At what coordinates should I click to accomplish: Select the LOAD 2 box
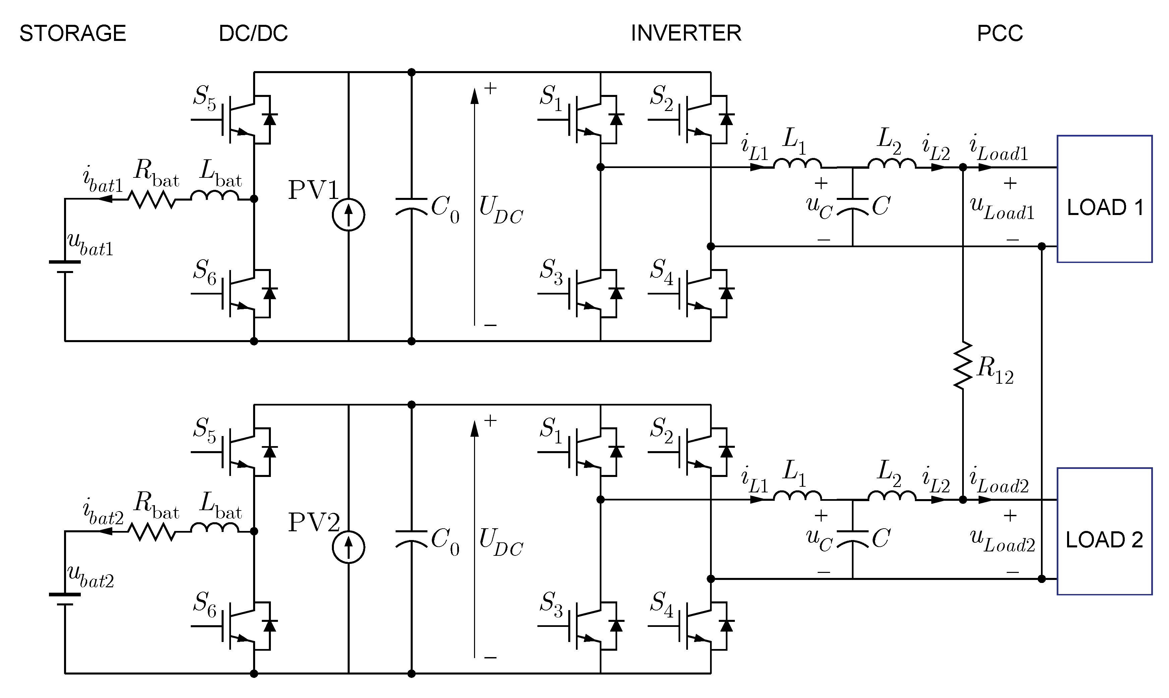1104,532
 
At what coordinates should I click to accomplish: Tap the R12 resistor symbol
962,366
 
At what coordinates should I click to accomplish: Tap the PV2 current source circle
348,547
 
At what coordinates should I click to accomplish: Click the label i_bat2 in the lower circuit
103,512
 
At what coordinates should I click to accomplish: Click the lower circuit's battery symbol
65,599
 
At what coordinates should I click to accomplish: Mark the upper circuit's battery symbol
65,267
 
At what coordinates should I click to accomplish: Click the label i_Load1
998,149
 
